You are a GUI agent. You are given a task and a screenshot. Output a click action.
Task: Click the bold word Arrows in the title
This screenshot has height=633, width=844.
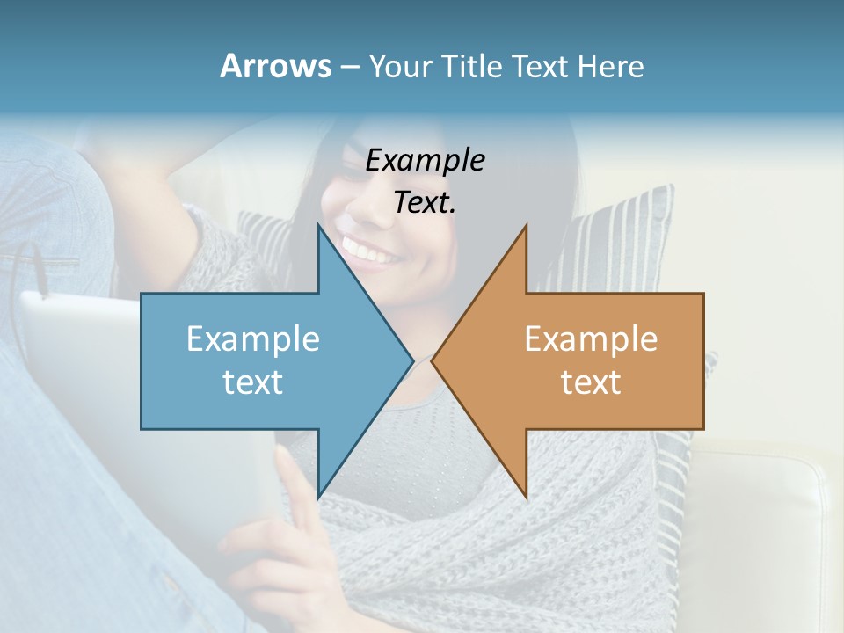pyautogui.click(x=275, y=66)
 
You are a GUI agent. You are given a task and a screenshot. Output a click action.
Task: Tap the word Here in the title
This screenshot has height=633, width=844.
pyautogui.click(x=610, y=66)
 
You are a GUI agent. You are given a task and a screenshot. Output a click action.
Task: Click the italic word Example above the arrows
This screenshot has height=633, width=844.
pyautogui.click(x=426, y=161)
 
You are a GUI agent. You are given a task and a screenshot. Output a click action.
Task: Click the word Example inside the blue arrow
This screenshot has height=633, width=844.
pyautogui.click(x=253, y=339)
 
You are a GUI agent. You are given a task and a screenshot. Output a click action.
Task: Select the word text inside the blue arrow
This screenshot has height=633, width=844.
pyautogui.click(x=253, y=382)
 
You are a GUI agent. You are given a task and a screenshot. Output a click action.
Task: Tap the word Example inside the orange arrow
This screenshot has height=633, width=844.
pyautogui.click(x=591, y=339)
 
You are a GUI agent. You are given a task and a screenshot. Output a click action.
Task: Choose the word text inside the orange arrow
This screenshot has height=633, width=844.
pyautogui.click(x=591, y=382)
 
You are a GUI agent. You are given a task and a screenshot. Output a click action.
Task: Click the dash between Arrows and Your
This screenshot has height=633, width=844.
pyautogui.click(x=349, y=67)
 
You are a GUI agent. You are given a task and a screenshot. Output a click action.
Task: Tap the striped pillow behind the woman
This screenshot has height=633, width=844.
pyautogui.click(x=624, y=237)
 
